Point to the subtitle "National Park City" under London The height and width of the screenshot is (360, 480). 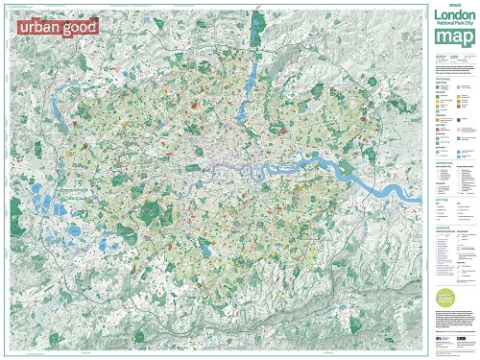[453, 26]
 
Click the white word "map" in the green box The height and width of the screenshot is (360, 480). [453, 38]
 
